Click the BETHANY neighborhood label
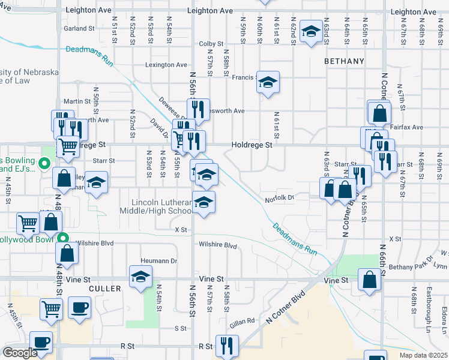click(344, 61)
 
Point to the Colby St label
click(211, 44)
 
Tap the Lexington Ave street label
click(166, 65)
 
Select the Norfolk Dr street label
click(279, 197)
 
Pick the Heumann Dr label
click(159, 261)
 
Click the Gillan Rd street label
click(242, 322)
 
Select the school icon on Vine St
click(140, 277)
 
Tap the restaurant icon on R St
click(227, 345)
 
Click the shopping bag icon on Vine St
click(369, 279)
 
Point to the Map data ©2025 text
click(423, 355)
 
